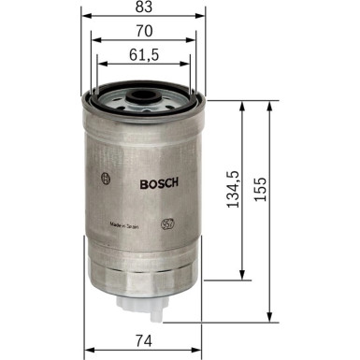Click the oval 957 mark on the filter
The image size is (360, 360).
tap(169, 224)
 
